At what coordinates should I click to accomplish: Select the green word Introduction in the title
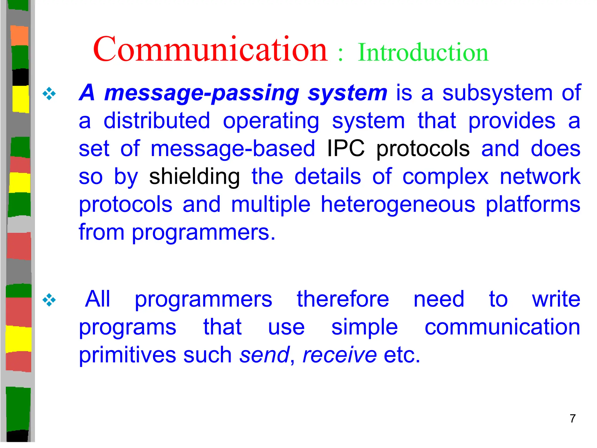423,52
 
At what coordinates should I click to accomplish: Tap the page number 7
573,419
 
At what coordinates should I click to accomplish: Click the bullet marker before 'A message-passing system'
49,94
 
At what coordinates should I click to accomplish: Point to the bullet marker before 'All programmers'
49,300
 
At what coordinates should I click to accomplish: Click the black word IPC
346,148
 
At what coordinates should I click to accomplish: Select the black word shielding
194,177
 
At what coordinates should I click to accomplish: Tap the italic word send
264,355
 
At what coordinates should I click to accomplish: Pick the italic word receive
340,355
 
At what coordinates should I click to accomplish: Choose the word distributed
157,121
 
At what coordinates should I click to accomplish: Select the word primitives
128,355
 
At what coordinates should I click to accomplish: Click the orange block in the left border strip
20,36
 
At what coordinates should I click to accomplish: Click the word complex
445,177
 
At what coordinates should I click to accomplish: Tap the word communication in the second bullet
502,327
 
